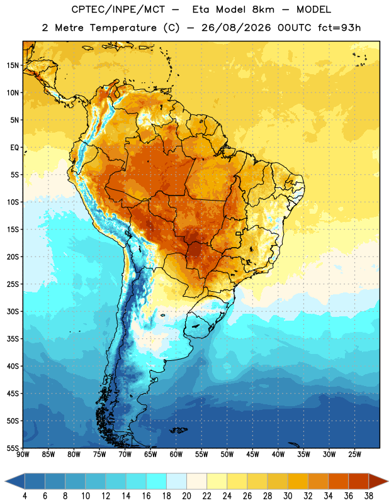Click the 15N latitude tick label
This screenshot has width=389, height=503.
13,65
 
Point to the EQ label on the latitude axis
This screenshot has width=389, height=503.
14,148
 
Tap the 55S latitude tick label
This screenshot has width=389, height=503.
13,448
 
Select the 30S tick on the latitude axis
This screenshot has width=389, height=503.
13,311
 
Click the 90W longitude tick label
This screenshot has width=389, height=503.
23,455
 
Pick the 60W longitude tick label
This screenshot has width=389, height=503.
176,455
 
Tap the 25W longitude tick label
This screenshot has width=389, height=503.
354,455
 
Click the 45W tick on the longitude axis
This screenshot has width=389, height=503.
252,455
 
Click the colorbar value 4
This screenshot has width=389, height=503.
25,496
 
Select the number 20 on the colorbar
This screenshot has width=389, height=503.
186,496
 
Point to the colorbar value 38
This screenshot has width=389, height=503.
368,496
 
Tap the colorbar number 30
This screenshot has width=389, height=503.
288,496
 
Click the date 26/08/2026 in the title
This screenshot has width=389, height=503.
236,28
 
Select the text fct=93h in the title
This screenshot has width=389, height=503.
339,28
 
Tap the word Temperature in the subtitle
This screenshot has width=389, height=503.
123,28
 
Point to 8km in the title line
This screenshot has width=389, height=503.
263,9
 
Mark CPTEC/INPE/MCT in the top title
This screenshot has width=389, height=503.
118,9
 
